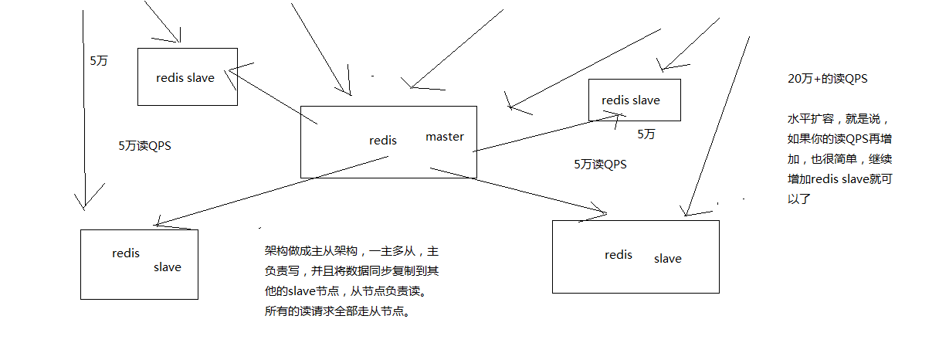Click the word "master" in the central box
coord(445,137)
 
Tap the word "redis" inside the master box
coord(383,141)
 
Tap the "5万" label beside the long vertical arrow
coord(99,61)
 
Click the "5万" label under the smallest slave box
coord(646,134)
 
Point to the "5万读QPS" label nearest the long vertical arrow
coord(144,145)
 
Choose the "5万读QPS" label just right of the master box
coord(600,164)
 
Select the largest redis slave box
coord(636,256)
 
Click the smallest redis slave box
coord(634,100)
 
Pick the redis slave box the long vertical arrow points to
coord(139,264)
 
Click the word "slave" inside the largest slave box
coord(668,259)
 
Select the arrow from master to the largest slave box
coord(525,189)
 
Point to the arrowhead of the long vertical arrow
coord(83,202)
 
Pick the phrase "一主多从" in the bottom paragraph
coord(395,252)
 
